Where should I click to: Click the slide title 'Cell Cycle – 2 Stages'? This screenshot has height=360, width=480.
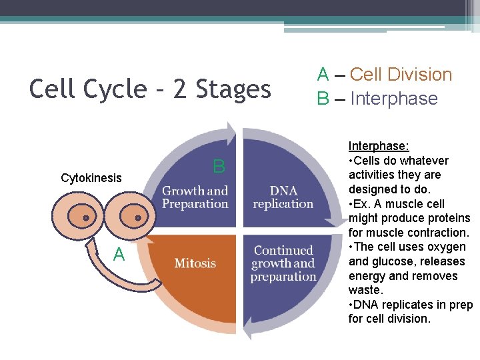(150, 89)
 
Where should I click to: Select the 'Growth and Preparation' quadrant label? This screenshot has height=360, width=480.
(195, 198)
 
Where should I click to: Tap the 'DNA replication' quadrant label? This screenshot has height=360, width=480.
(283, 198)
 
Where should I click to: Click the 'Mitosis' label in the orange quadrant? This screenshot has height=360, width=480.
(195, 263)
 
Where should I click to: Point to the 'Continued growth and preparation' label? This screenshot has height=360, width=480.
(283, 263)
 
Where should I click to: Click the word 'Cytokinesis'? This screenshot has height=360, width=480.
(91, 178)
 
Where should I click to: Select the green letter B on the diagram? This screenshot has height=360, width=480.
(219, 166)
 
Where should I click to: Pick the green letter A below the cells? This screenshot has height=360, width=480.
(119, 254)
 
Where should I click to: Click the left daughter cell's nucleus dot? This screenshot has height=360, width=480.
(86, 218)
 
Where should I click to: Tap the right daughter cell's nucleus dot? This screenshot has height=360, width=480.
(137, 217)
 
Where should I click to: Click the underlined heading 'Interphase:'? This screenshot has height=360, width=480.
(379, 146)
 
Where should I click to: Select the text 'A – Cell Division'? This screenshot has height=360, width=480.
(384, 75)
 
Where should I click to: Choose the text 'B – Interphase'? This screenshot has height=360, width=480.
(377, 99)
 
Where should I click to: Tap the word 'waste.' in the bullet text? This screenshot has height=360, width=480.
(365, 290)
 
